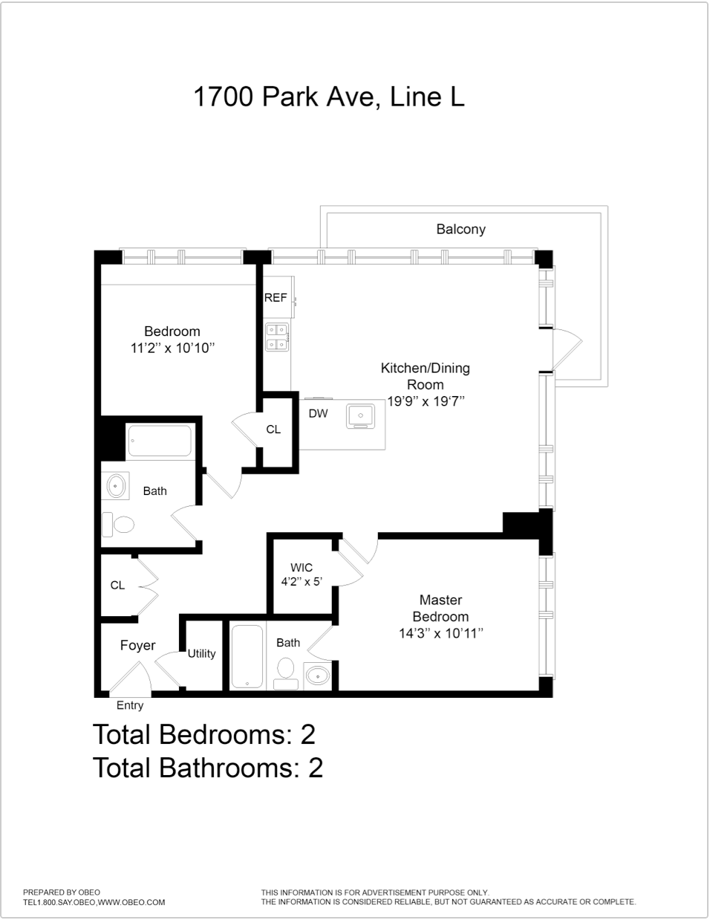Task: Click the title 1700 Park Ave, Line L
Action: [x=329, y=97]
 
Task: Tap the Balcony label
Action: [x=460, y=229]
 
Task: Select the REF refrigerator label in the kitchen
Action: [x=276, y=297]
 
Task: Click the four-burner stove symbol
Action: [x=277, y=337]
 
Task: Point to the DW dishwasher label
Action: [x=318, y=413]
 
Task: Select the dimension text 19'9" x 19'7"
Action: [x=426, y=401]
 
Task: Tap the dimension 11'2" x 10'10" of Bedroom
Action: [x=172, y=348]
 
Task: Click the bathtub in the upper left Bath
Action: [x=160, y=441]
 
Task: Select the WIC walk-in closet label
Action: [x=301, y=568]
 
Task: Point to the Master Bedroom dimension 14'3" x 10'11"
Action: [x=440, y=633]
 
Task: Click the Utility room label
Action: [x=201, y=653]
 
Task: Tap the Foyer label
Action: [x=138, y=645]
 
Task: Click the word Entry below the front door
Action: [x=130, y=705]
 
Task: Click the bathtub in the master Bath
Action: [x=247, y=656]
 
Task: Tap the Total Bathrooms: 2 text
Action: [x=208, y=767]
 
